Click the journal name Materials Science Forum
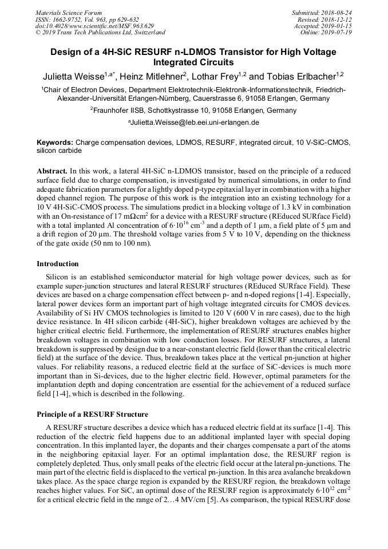pyautogui.click(x=69, y=13)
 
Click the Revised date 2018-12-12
pyautogui.click(x=339, y=19)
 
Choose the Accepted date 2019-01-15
pyautogui.click(x=339, y=26)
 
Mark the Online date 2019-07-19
pyautogui.click(x=339, y=33)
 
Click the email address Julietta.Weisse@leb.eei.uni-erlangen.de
pyautogui.click(x=195, y=123)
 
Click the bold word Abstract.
pyautogui.click(x=52, y=171)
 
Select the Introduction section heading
pyautogui.click(x=58, y=264)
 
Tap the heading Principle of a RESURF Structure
pyautogui.click(x=92, y=414)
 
